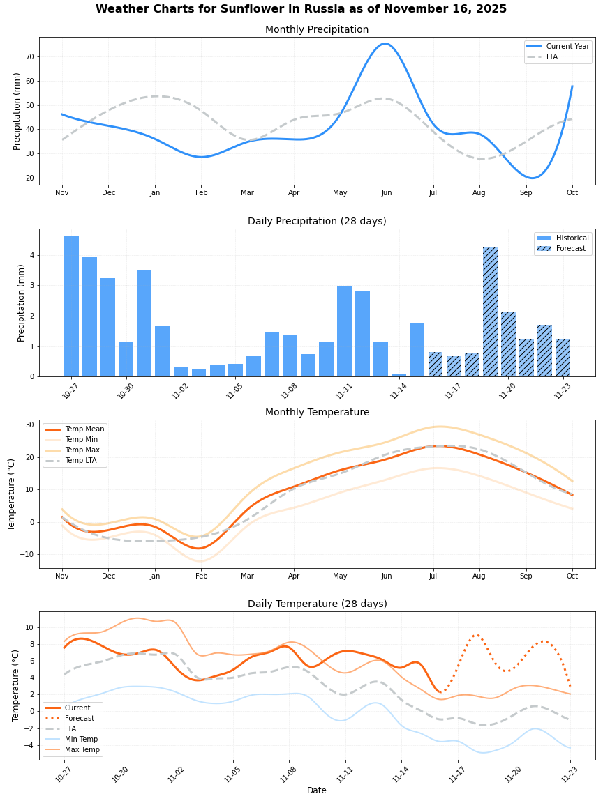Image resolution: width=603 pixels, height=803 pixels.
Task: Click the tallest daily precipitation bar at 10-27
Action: (71, 307)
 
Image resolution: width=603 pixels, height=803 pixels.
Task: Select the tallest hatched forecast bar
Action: (490, 312)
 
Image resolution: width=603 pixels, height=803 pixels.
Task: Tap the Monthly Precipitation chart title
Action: (317, 29)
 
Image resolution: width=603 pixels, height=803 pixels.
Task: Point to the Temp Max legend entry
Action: (80, 450)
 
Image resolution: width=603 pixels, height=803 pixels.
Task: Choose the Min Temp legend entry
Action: (80, 739)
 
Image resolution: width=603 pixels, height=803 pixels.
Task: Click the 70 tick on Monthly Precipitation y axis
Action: (29, 56)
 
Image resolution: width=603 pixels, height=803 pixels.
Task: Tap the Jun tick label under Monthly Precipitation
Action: (386, 192)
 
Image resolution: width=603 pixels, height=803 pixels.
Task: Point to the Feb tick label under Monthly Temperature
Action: (202, 576)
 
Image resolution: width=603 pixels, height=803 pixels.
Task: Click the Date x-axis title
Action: (317, 790)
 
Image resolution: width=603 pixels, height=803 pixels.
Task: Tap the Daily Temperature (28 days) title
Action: (317, 604)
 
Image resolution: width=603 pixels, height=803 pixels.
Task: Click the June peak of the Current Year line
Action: (385, 44)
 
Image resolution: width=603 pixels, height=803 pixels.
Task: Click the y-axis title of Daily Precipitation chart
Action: (21, 303)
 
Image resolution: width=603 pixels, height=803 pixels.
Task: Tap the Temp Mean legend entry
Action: (84, 429)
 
